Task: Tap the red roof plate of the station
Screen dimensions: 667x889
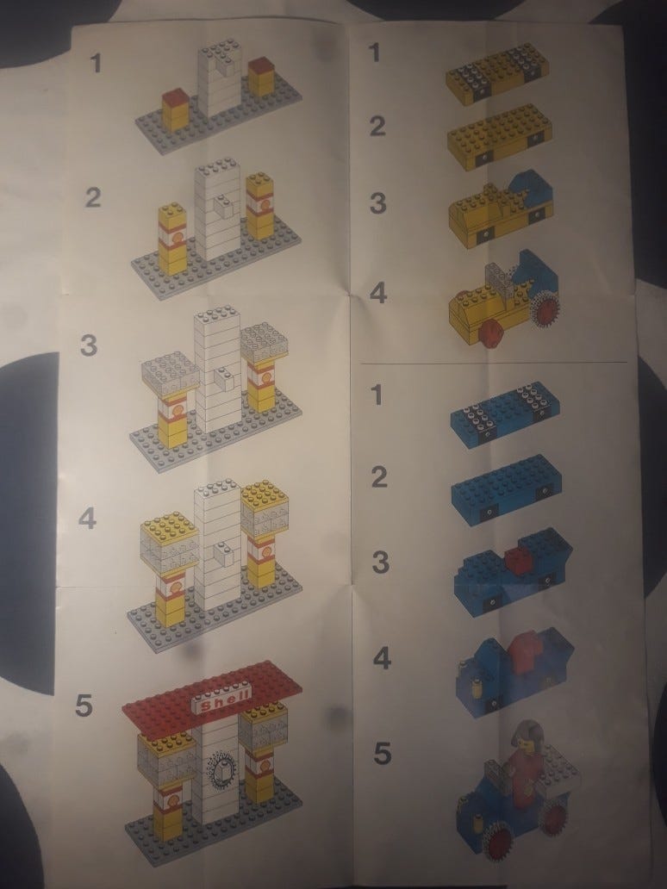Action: point(211,699)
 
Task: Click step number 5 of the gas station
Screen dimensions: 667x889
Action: point(84,706)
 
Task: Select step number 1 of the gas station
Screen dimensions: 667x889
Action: point(96,62)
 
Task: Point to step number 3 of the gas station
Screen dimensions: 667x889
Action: point(89,345)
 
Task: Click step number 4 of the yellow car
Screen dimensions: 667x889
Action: point(378,293)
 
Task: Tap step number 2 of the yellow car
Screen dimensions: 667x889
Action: point(377,126)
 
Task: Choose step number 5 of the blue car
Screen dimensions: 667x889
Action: point(383,754)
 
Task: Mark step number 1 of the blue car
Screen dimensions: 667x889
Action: point(377,395)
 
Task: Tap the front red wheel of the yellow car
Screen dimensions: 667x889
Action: point(489,334)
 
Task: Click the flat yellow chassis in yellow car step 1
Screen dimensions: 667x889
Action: point(497,73)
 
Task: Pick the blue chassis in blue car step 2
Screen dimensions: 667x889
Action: point(507,488)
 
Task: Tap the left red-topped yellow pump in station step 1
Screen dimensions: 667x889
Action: point(175,110)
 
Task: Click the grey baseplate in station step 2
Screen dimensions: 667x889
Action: point(216,258)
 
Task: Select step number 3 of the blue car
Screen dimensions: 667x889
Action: point(381,562)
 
